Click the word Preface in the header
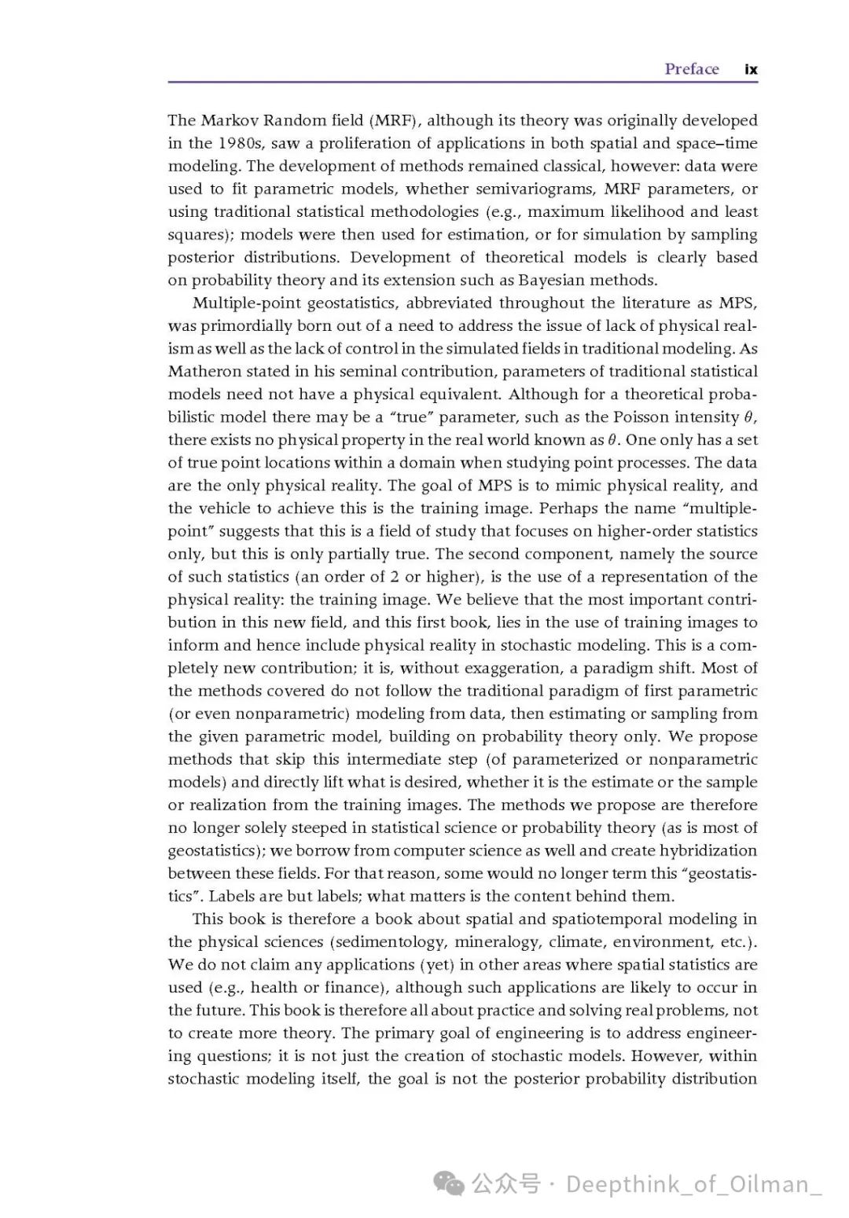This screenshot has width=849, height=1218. (x=692, y=69)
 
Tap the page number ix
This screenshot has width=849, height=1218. (x=751, y=69)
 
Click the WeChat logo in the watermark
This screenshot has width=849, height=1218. (x=450, y=1183)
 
